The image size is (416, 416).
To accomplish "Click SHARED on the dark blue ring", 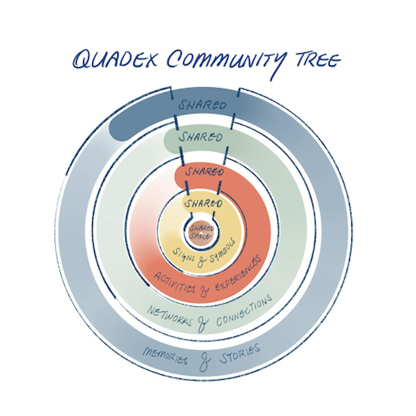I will [x=203, y=104].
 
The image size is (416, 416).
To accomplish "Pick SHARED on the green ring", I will [x=200, y=137].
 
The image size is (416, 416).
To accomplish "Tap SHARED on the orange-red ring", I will [x=204, y=172].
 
